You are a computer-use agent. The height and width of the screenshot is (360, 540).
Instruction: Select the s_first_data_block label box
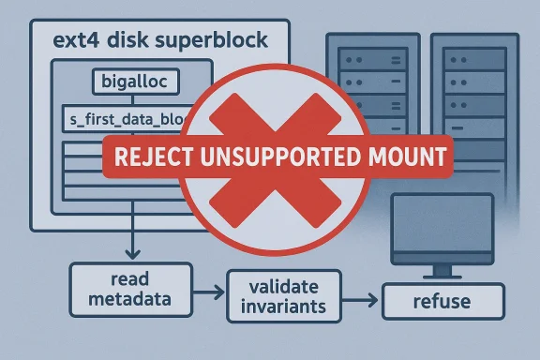tap(123, 119)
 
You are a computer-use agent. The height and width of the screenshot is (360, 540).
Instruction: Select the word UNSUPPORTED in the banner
tap(291, 157)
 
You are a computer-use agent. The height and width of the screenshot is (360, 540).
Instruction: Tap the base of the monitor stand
tap(440, 276)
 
